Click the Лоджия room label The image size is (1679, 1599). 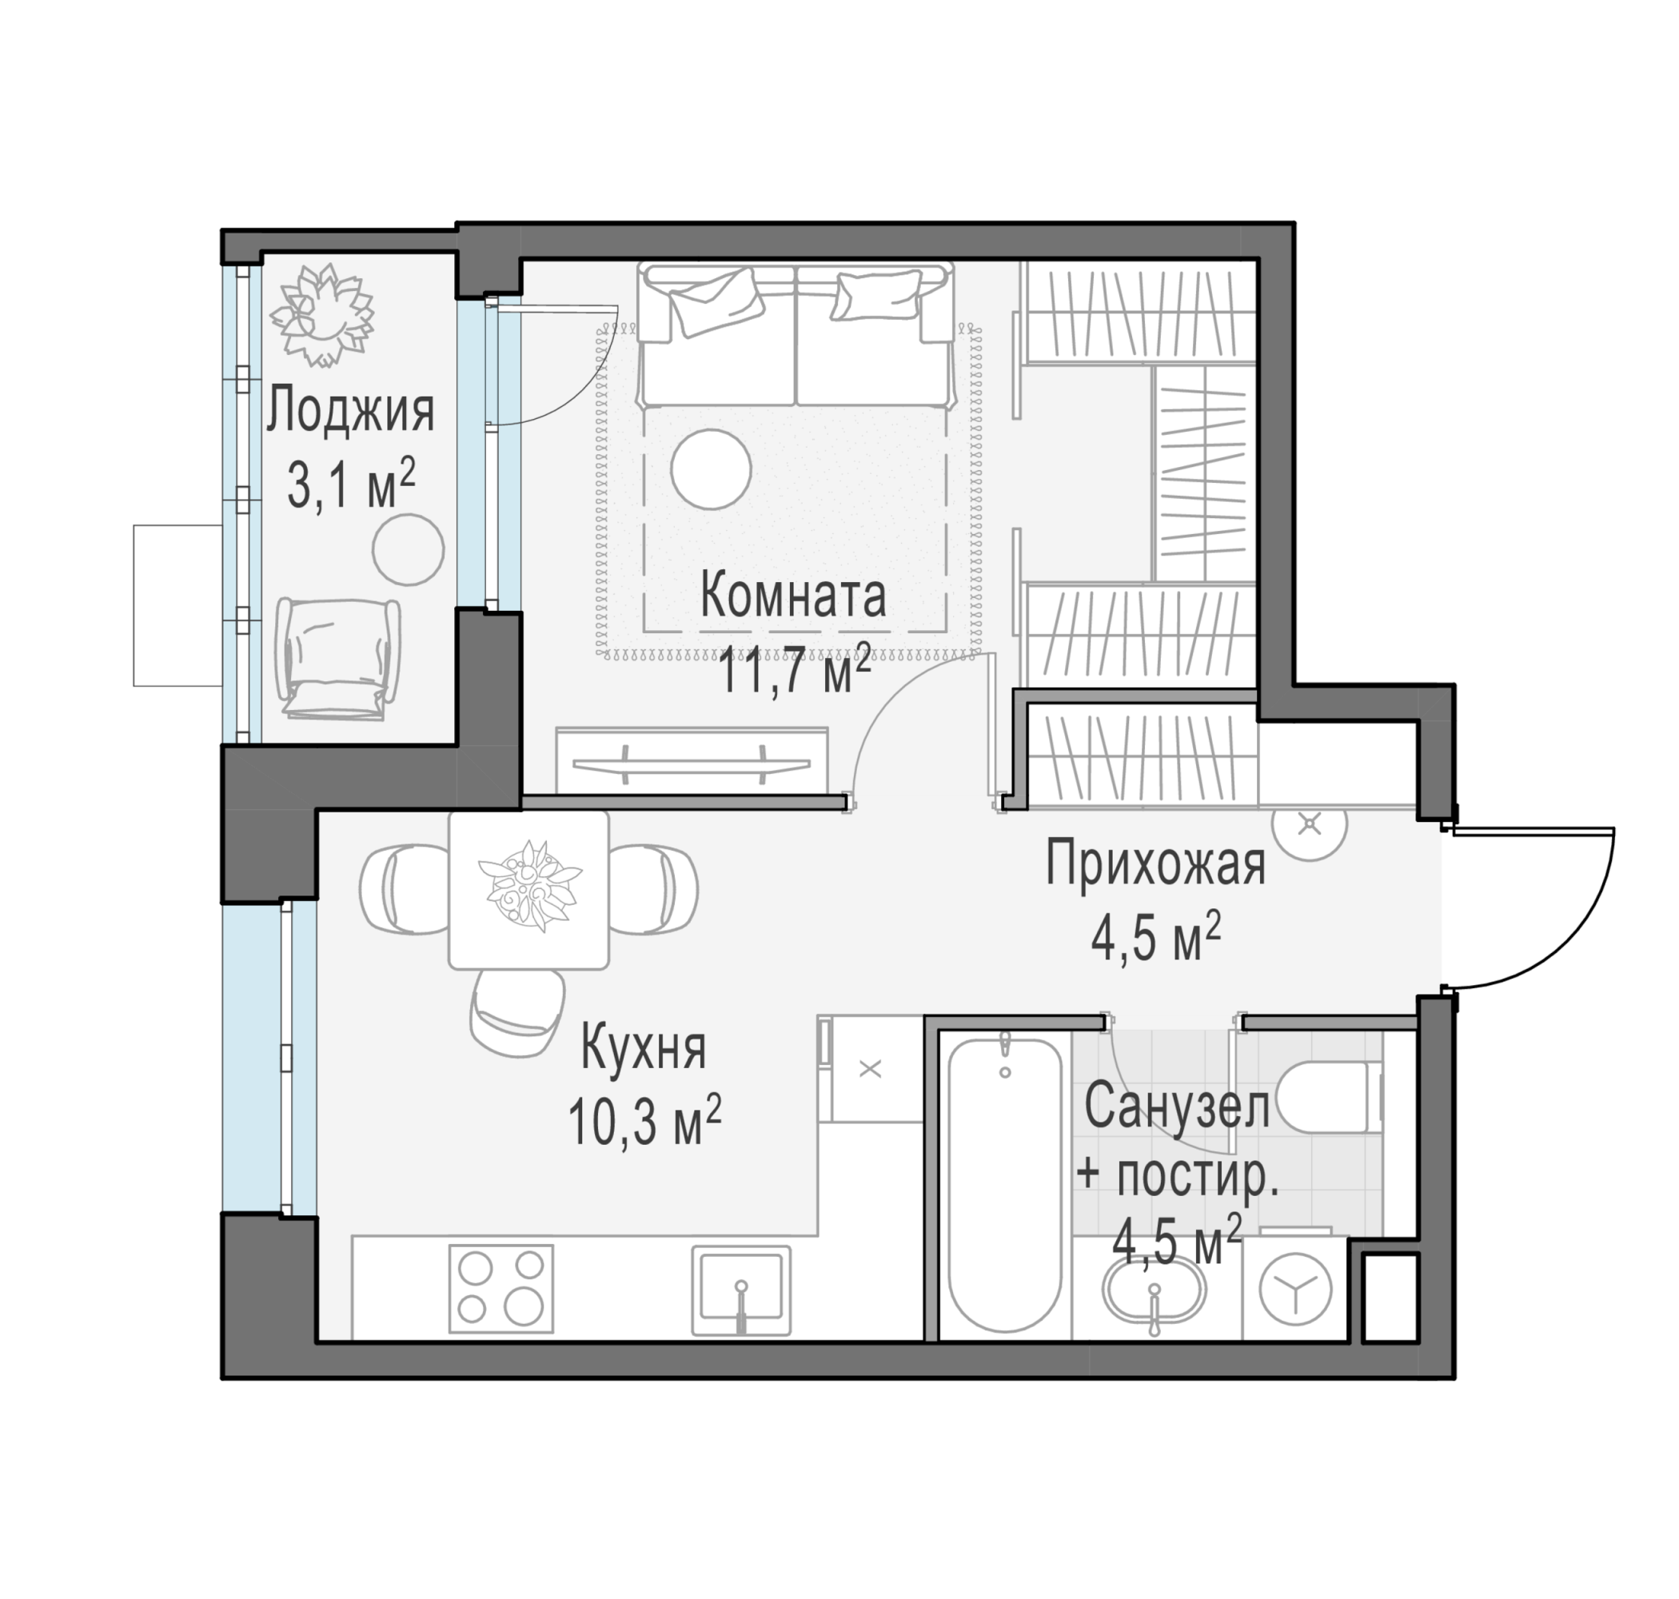[350, 413]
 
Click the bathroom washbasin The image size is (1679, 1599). [1154, 1290]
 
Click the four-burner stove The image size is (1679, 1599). [501, 1288]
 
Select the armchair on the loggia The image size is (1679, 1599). [338, 659]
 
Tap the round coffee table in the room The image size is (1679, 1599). [710, 469]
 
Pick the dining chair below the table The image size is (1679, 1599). [518, 1014]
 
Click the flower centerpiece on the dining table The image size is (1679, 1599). [529, 884]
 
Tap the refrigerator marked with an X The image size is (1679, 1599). [870, 1068]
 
